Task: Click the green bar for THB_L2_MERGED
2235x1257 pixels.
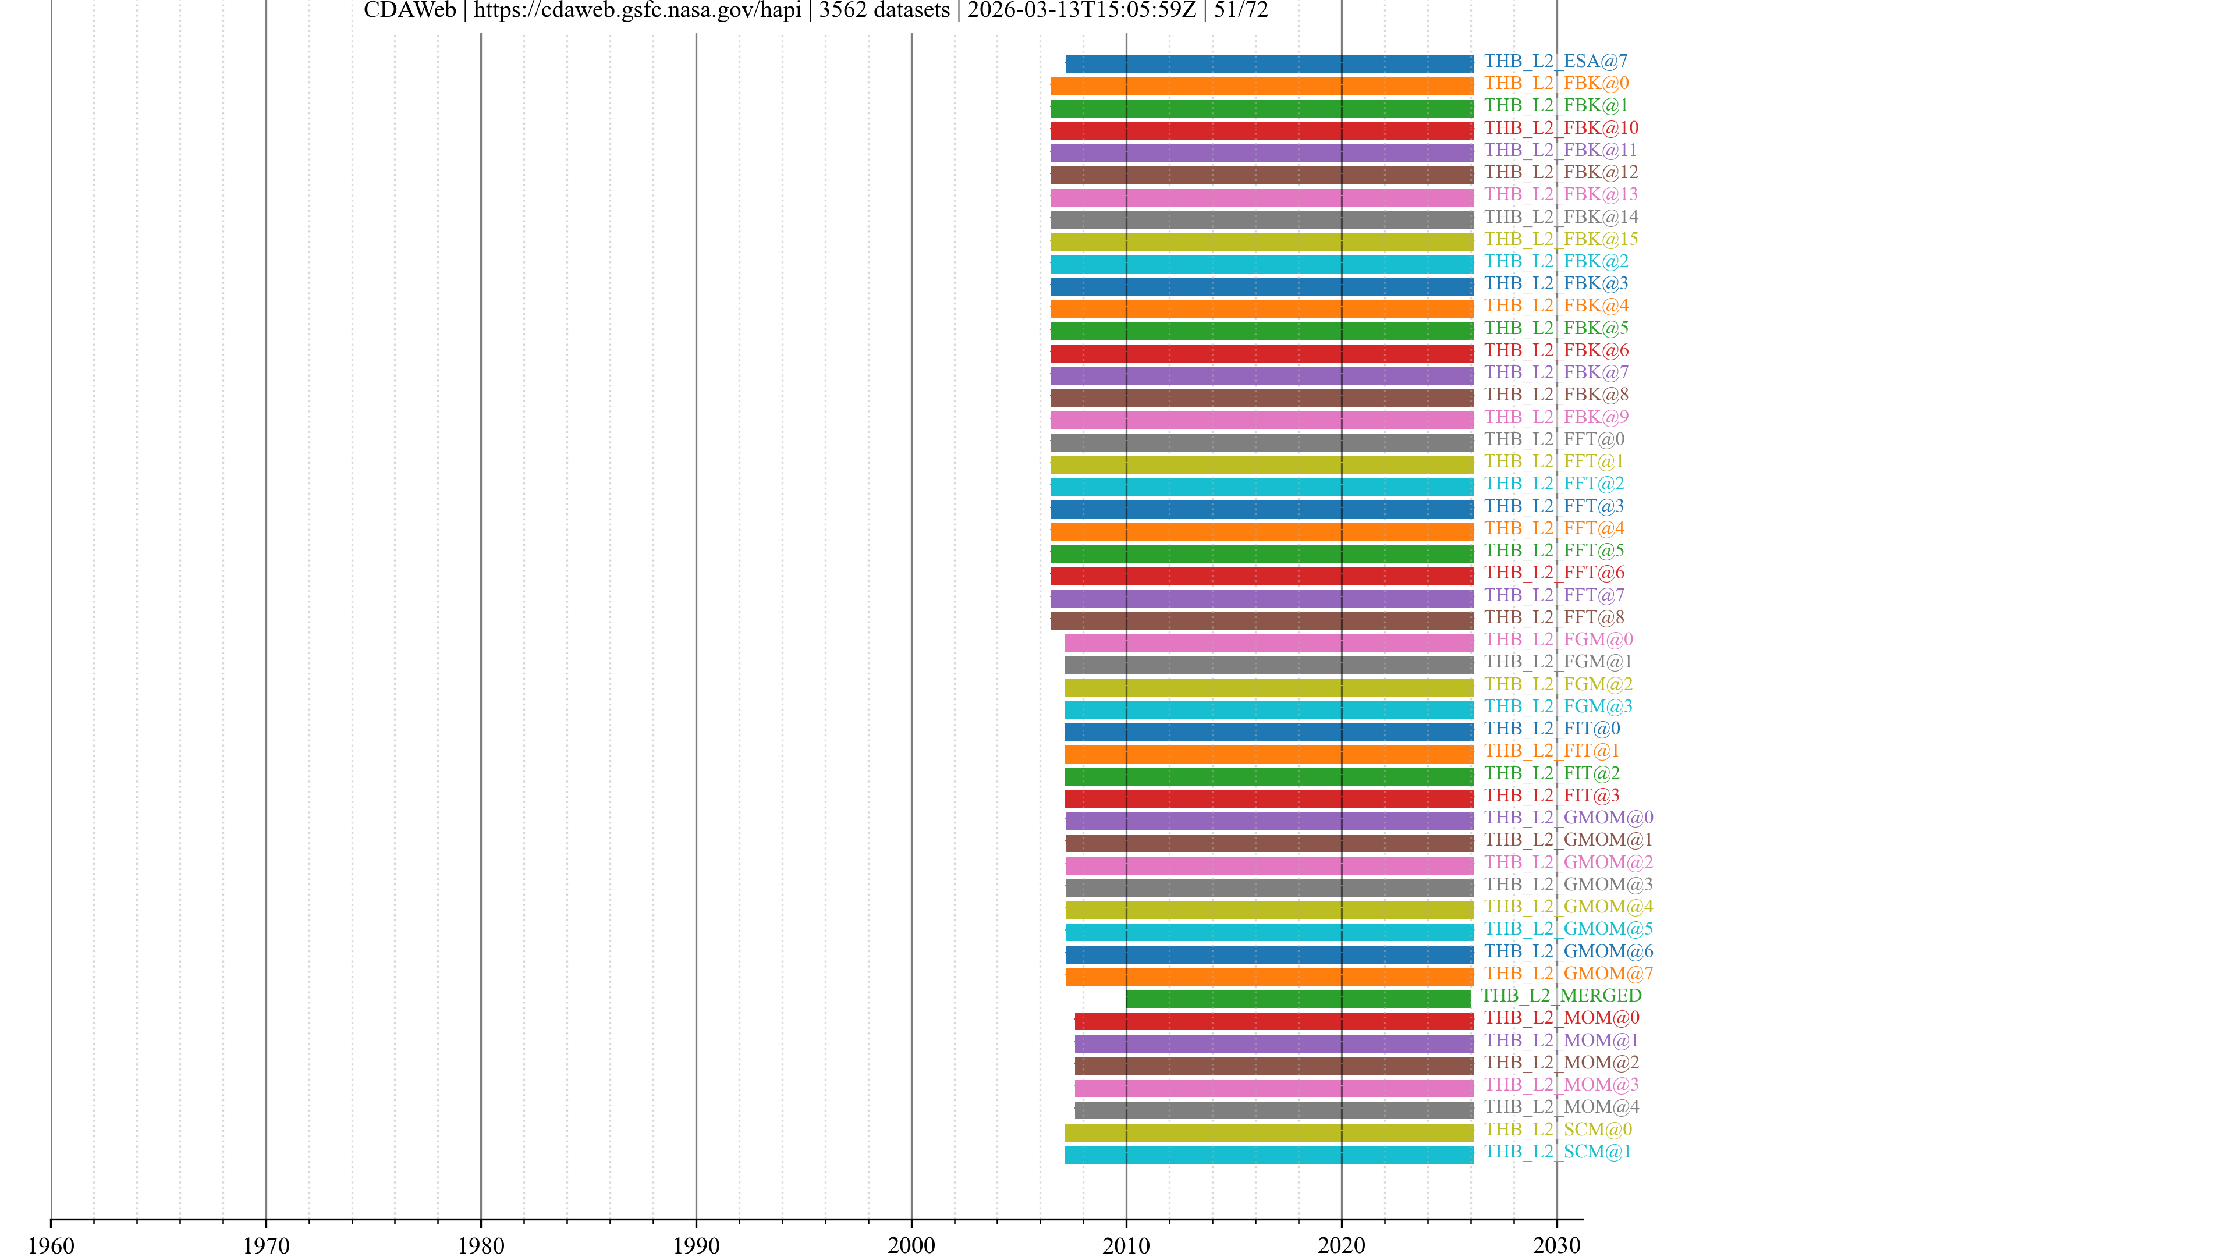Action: tap(1298, 999)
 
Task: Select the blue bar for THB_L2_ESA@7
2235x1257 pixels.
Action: tap(1269, 64)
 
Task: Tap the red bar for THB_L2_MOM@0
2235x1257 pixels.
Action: tap(1273, 1021)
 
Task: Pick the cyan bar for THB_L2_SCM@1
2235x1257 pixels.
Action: tap(1269, 1155)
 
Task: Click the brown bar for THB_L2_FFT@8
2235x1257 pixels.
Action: tap(1261, 620)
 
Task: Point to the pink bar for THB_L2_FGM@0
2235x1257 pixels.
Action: tap(1269, 643)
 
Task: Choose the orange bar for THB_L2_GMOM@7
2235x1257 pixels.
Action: tap(1269, 977)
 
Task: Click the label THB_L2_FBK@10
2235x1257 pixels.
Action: tap(1561, 129)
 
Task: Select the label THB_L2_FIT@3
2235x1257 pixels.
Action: tap(1551, 796)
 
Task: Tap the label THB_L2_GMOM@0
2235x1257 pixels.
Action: tap(1568, 818)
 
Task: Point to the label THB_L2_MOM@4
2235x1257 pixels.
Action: tap(1561, 1107)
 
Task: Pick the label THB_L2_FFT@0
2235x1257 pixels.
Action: tap(1554, 440)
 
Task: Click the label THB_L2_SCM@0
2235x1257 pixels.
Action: tap(1558, 1130)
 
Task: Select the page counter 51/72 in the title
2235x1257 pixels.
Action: tap(1241, 10)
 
